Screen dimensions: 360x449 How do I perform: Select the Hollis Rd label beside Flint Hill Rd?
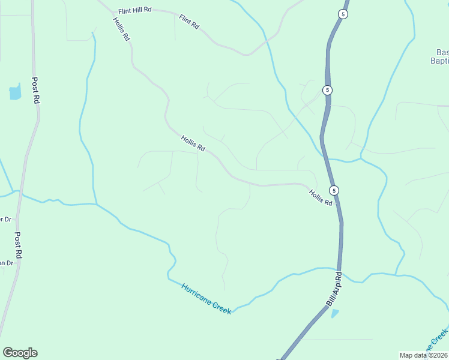pyautogui.click(x=121, y=28)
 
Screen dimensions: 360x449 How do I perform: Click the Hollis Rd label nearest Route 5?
pyautogui.click(x=321, y=198)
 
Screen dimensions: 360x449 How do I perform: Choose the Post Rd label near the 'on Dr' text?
pyautogui.click(x=19, y=245)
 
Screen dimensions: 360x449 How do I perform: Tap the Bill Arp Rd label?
pyautogui.click(x=334, y=290)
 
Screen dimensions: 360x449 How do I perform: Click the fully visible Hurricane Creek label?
pyautogui.click(x=206, y=299)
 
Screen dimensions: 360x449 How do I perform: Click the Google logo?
pyautogui.click(x=20, y=353)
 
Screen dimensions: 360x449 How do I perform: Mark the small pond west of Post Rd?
pyautogui.click(x=15, y=92)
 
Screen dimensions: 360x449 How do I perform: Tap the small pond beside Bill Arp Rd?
pyautogui.click(x=334, y=313)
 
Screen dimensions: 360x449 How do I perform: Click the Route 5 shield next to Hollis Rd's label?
pyautogui.click(x=334, y=190)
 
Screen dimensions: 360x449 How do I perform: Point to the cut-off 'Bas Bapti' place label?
pyautogui.click(x=440, y=56)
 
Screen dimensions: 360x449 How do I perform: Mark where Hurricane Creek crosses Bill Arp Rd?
pyautogui.click(x=339, y=269)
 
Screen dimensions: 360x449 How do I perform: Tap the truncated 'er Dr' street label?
pyautogui.click(x=5, y=219)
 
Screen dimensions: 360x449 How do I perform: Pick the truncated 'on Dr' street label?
pyautogui.click(x=6, y=263)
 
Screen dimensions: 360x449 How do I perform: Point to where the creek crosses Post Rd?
pyautogui.click(x=20, y=191)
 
